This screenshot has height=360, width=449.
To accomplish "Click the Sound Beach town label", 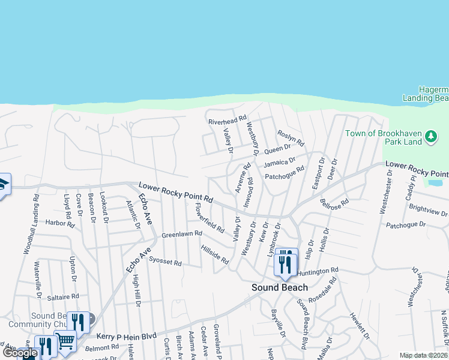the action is pos(279,287).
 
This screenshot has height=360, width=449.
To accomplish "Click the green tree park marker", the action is pos(430,137).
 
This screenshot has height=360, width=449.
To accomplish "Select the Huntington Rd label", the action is pos(318,272).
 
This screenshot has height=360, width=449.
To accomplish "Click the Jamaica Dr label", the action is pos(280,162).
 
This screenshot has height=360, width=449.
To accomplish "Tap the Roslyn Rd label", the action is pos(291,139).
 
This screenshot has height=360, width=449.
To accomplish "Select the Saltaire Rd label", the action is pos(62,296).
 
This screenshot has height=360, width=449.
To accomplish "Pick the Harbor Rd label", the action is pos(59,223).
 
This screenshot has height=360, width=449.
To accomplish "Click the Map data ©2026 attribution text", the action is pos(423,355).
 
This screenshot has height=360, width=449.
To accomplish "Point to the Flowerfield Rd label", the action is pos(209,218).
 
